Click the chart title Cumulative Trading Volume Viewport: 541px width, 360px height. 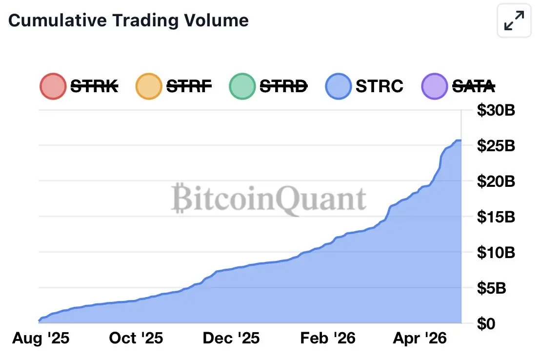(129, 20)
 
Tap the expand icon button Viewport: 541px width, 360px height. (514, 21)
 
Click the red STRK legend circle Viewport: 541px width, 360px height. (53, 86)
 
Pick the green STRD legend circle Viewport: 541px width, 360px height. (241, 86)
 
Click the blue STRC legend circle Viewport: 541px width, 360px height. (338, 86)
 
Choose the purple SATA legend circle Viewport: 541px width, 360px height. (434, 86)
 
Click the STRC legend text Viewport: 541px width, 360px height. (379, 86)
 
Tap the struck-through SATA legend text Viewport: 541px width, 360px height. (474, 86)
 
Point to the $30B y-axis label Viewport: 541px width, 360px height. (496, 110)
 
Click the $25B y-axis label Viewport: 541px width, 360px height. (496, 146)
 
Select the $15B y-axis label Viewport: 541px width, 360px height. (496, 217)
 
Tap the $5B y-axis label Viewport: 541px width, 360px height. (492, 288)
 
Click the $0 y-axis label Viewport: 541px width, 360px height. (487, 323)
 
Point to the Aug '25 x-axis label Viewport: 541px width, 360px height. (41, 338)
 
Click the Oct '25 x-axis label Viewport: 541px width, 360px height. (136, 338)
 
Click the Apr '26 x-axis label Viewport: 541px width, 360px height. (420, 338)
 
